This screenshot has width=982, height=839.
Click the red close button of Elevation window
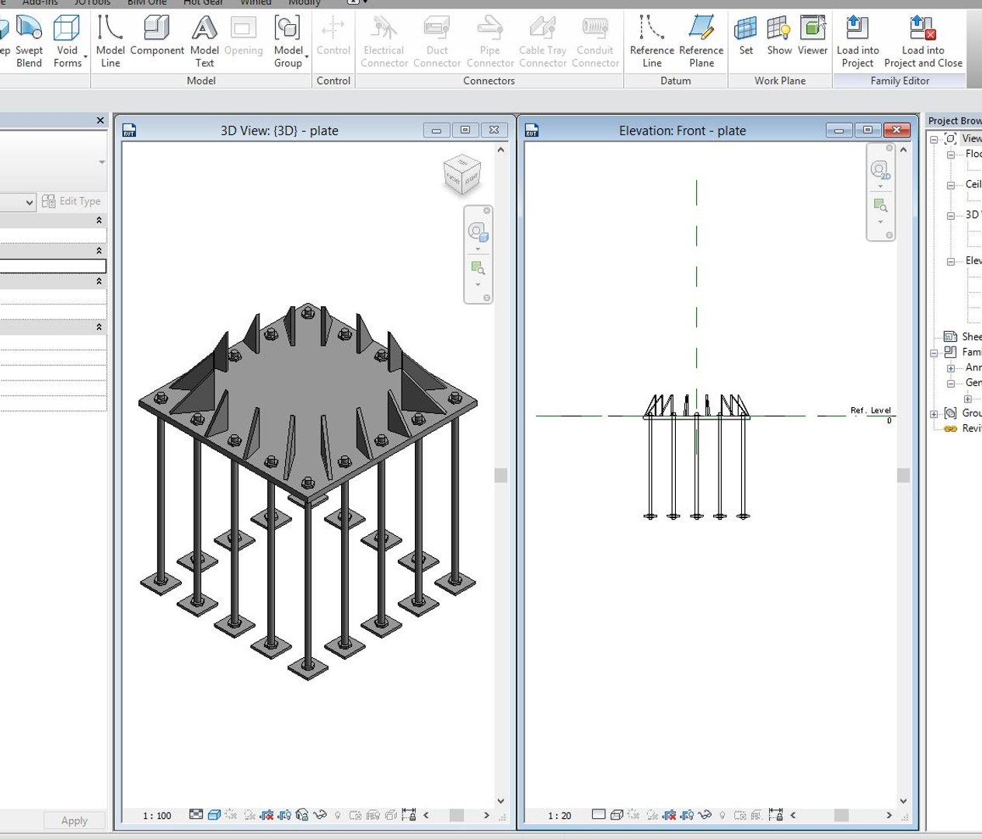pyautogui.click(x=897, y=130)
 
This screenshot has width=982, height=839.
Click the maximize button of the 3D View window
pyautogui.click(x=465, y=130)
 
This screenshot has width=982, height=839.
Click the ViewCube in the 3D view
pyautogui.click(x=462, y=175)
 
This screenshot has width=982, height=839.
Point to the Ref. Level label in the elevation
pyautogui.click(x=870, y=410)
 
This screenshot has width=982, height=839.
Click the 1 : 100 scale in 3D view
pyautogui.click(x=157, y=816)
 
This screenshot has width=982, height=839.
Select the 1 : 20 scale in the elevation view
pyautogui.click(x=559, y=816)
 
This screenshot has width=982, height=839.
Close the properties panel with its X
pyautogui.click(x=100, y=120)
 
